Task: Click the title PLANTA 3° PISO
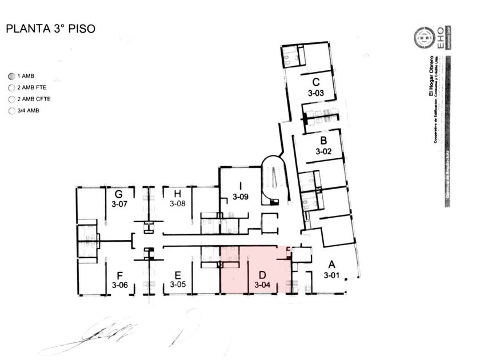pyautogui.click(x=50, y=29)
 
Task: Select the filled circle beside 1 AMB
pyautogui.click(x=11, y=76)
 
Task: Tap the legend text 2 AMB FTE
pyautogui.click(x=31, y=87)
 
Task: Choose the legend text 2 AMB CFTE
pyautogui.click(x=34, y=99)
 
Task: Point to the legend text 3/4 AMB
pyautogui.click(x=28, y=110)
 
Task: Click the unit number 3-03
pyautogui.click(x=315, y=93)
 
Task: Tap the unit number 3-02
pyautogui.click(x=323, y=152)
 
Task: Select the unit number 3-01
pyautogui.click(x=331, y=275)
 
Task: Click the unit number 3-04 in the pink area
pyautogui.click(x=262, y=284)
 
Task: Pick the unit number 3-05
pyautogui.click(x=178, y=284)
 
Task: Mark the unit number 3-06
pyautogui.click(x=120, y=285)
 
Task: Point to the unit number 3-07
pyautogui.click(x=119, y=203)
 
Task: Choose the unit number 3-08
pyautogui.click(x=178, y=203)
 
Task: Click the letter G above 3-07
pyautogui.click(x=119, y=194)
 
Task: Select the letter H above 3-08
pyautogui.click(x=178, y=194)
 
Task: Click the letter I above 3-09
pyautogui.click(x=241, y=186)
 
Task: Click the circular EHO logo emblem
pyautogui.click(x=425, y=38)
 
